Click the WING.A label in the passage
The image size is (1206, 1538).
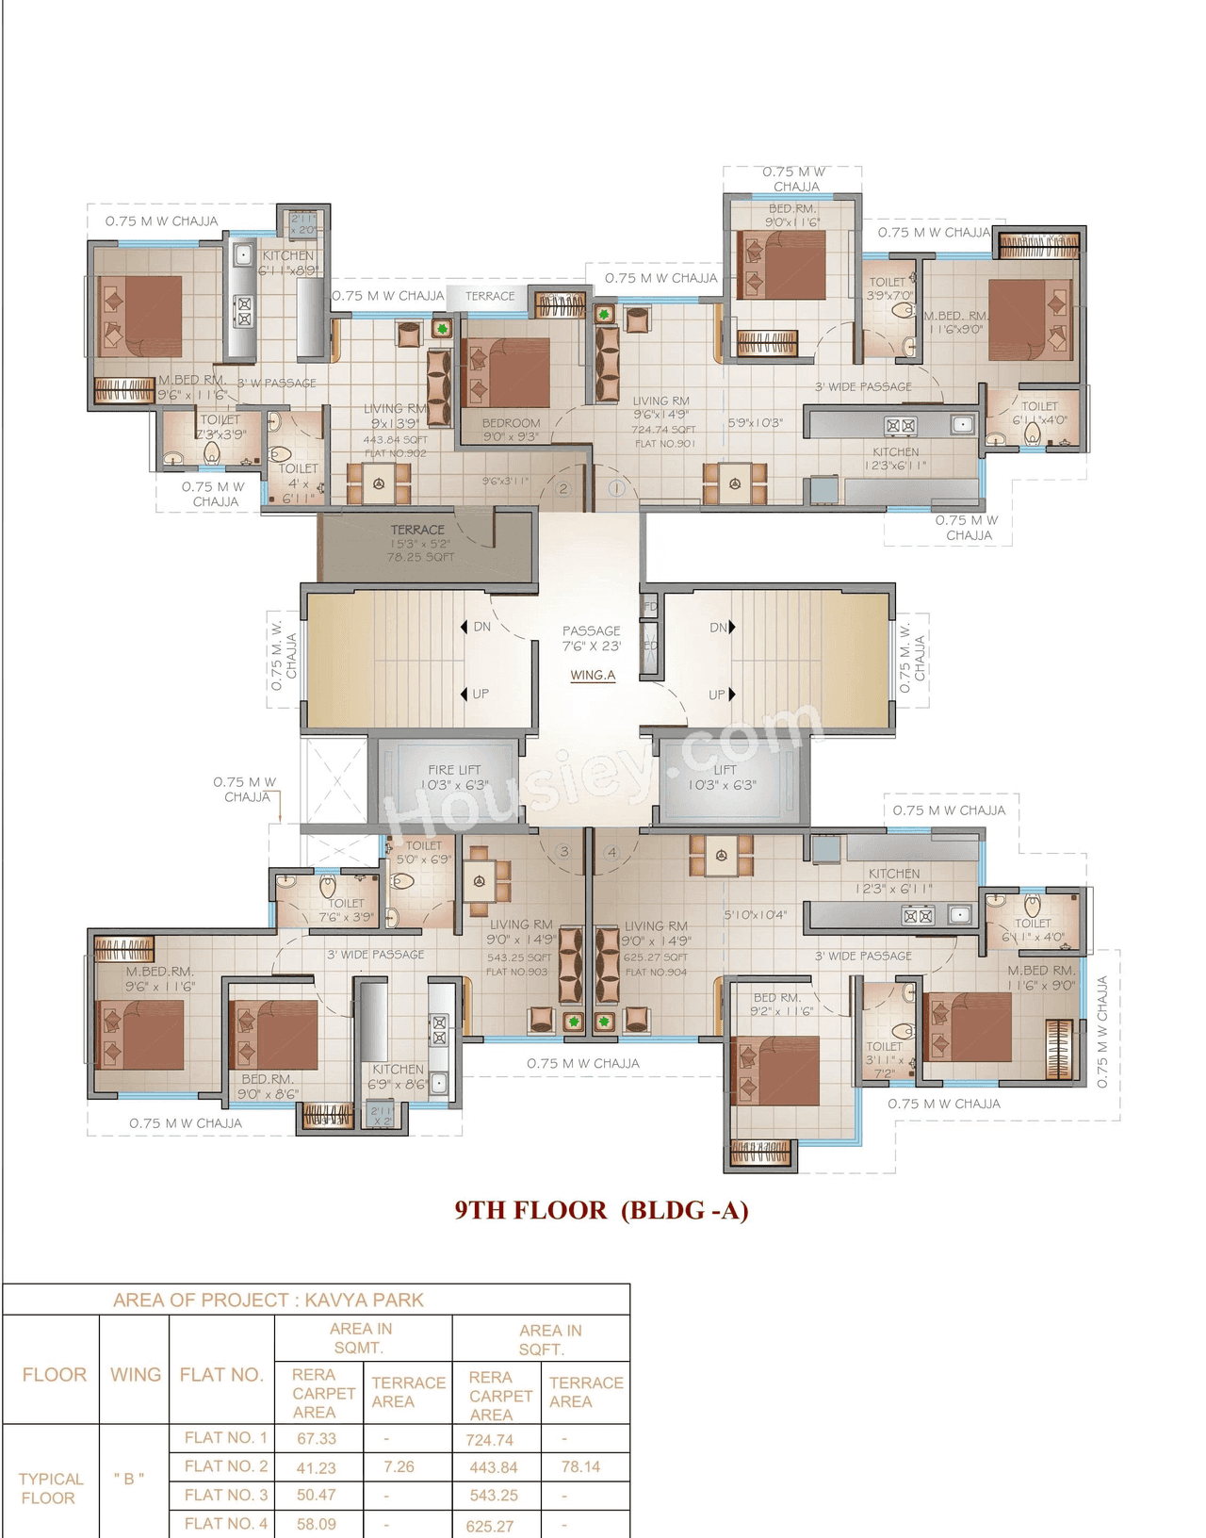[x=593, y=675]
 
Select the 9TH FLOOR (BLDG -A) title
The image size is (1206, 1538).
[x=601, y=1210]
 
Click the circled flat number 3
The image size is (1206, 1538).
[x=564, y=851]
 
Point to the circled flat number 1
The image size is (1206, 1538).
[x=617, y=488]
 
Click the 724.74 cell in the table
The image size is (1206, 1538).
[x=490, y=1440]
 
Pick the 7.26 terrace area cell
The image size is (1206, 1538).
[x=399, y=1467]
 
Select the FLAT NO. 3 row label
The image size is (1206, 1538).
[x=226, y=1495]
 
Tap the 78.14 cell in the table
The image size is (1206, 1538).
[x=580, y=1467]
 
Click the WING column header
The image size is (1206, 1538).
[x=135, y=1375]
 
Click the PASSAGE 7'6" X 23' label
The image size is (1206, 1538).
[x=592, y=638]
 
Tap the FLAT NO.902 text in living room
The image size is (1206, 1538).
[x=395, y=453]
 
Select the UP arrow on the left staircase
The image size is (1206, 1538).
[x=464, y=694]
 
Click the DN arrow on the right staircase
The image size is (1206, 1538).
[x=731, y=627]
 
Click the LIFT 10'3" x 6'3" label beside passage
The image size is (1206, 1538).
[x=723, y=777]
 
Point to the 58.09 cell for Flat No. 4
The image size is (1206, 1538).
[x=316, y=1524]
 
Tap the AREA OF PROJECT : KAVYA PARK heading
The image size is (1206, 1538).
[x=269, y=1301]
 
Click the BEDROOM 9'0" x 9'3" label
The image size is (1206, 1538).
[x=511, y=430]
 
